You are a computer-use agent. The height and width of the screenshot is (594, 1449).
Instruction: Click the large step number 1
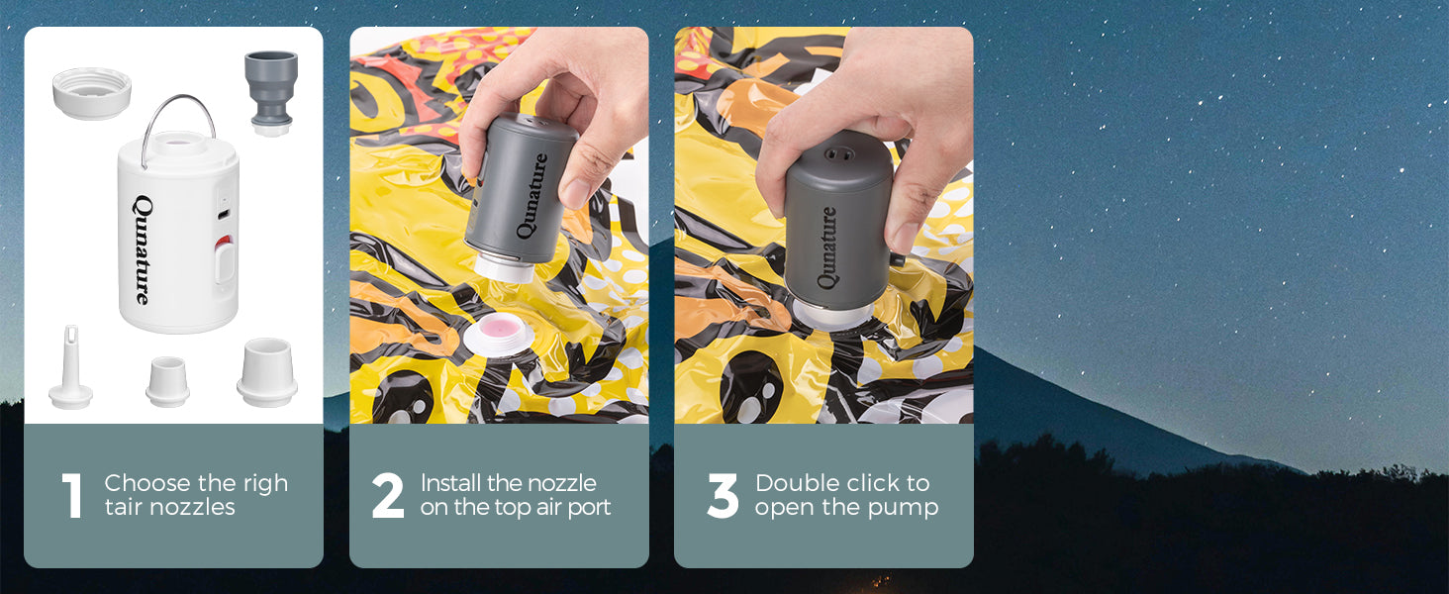click(72, 496)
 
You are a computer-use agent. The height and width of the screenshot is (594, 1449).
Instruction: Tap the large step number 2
click(388, 496)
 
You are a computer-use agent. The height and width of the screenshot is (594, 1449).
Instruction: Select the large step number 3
click(723, 496)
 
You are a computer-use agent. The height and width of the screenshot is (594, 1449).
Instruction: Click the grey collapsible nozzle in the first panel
click(271, 93)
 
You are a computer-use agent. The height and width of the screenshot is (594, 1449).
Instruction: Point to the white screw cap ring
click(92, 93)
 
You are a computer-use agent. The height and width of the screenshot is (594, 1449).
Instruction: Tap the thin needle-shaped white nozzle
click(70, 367)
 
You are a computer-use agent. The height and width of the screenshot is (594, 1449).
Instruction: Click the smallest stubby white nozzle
click(167, 381)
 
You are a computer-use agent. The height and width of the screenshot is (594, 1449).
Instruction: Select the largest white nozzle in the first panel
click(267, 372)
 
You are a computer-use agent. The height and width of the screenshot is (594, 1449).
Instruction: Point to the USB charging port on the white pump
click(224, 214)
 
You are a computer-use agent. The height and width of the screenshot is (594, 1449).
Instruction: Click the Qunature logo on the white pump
click(143, 249)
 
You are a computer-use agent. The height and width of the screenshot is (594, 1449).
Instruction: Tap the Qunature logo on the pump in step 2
click(532, 196)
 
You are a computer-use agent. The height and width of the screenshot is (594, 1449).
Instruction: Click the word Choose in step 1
click(147, 483)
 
